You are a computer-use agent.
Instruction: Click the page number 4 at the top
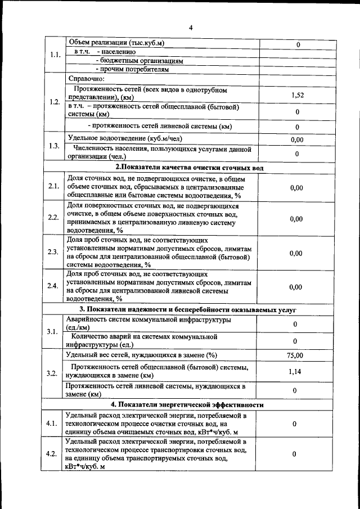pos(190,28)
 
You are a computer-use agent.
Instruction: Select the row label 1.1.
pos(55,56)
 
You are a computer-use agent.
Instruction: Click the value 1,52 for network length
pos(297,96)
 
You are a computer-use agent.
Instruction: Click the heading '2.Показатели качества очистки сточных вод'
pos(190,168)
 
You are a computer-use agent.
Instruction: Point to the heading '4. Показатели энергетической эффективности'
pos(187,404)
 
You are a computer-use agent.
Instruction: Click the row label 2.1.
pos(54,186)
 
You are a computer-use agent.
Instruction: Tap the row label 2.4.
pos(54,286)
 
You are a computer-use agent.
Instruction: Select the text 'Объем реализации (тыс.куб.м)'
pos(119,43)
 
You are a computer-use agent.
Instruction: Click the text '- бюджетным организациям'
pos(139,61)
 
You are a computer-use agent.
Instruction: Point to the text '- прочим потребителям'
pos(132,70)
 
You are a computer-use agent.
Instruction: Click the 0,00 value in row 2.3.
pos(296,253)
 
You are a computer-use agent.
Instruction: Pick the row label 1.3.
pos(54,146)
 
